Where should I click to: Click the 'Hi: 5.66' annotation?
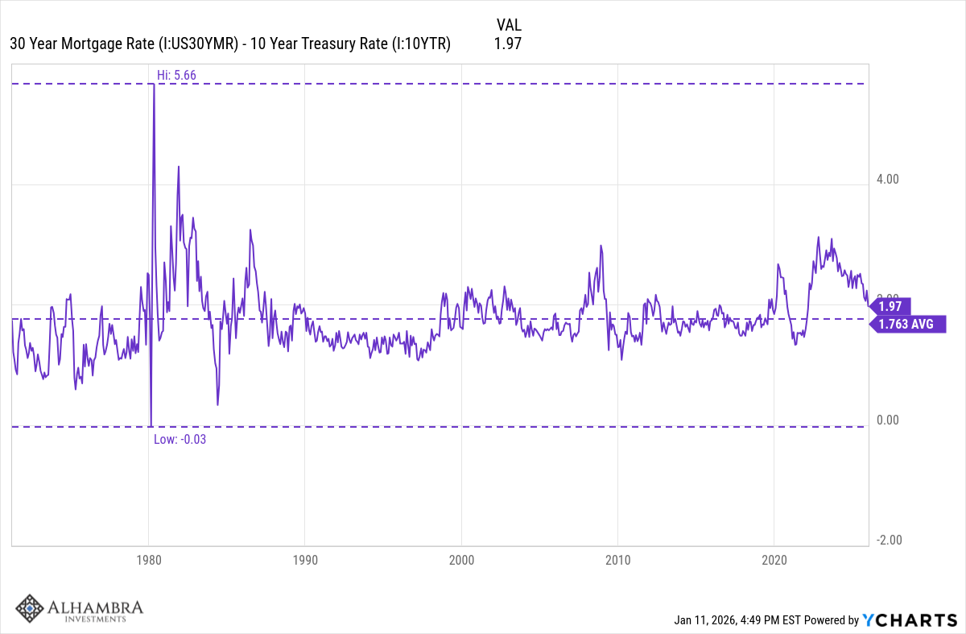(x=176, y=75)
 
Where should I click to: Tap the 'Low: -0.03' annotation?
(x=180, y=439)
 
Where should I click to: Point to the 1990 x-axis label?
(x=304, y=560)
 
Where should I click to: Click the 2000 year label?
(x=461, y=560)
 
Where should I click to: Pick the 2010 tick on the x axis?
(x=617, y=560)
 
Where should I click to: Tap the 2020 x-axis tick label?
(x=774, y=560)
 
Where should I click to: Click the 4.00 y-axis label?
(x=889, y=180)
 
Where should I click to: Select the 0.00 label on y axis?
(x=889, y=420)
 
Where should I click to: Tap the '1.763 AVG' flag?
(x=906, y=324)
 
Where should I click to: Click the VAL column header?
(x=509, y=25)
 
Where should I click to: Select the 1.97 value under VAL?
(x=508, y=44)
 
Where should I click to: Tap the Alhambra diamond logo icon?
(x=30, y=609)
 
